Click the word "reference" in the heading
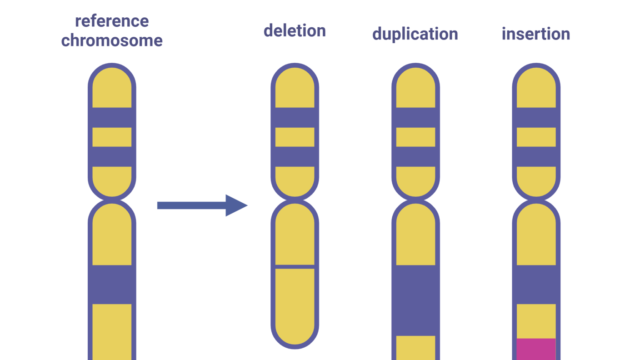point(112,21)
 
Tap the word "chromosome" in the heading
point(112,40)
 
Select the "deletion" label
point(295,30)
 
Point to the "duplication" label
point(415,34)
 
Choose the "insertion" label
point(535,34)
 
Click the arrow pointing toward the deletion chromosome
point(202,205)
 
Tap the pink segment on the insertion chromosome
point(536,349)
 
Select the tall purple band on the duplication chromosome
point(415,300)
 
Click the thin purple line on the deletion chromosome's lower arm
point(295,266)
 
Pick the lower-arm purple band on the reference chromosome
point(112,285)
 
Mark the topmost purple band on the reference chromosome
point(112,117)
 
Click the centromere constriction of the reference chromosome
point(112,200)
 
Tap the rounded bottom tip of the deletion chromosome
point(295,339)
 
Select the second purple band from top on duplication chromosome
point(415,156)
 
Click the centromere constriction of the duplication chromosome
point(415,200)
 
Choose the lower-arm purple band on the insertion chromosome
point(536,285)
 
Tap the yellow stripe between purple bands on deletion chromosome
point(295,137)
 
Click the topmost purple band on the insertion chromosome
point(536,117)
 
